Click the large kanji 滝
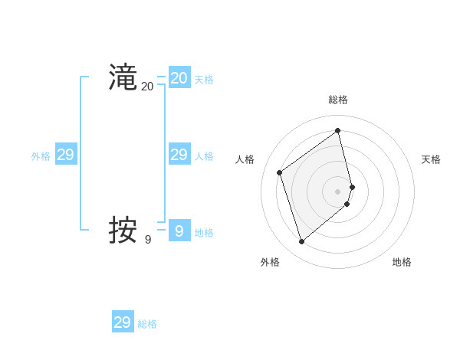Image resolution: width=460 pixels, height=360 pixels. click(123, 77)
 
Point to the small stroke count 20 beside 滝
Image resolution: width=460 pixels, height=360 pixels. click(147, 87)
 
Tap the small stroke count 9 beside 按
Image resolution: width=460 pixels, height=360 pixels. click(147, 240)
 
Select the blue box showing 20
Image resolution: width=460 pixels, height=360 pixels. click(179, 77)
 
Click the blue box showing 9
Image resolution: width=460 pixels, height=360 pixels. click(179, 230)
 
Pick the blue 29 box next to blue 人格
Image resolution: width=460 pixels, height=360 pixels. click(179, 155)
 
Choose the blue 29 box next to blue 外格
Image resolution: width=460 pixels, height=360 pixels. click(66, 155)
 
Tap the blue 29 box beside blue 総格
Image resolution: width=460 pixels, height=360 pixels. click(123, 322)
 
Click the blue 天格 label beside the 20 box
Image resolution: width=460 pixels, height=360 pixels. click(204, 80)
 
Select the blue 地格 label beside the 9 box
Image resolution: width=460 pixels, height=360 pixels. click(204, 233)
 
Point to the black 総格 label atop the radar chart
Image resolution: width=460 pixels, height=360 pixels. click(338, 100)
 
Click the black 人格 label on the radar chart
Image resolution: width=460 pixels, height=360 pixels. click(245, 159)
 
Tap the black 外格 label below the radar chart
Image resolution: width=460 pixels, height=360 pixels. click(270, 262)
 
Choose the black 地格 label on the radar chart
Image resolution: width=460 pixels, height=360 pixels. click(402, 262)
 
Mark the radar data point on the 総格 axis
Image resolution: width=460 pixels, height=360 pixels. click(338, 130)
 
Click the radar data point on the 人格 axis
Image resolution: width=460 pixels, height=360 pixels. click(280, 172)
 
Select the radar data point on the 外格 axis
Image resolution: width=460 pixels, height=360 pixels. click(302, 242)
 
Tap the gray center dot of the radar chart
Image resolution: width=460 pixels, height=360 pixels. click(338, 191)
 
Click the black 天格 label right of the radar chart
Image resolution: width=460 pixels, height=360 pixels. click(431, 159)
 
